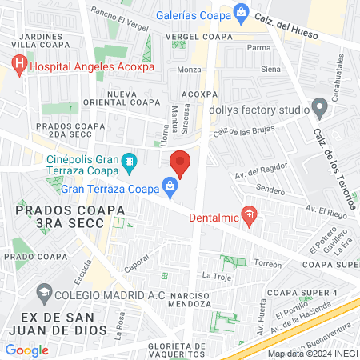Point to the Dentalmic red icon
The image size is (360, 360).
tap(249, 215)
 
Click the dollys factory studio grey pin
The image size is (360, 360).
tap(320, 106)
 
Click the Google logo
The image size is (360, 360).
tap(26, 350)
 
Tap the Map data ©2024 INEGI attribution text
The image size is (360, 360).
tap(311, 354)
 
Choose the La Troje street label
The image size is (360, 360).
tap(216, 276)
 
